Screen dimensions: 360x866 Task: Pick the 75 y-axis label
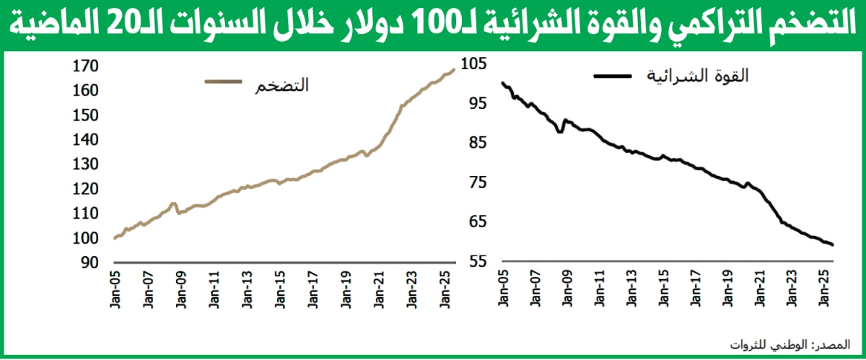coord(479,183)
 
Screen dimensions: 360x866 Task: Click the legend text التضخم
coord(282,86)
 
